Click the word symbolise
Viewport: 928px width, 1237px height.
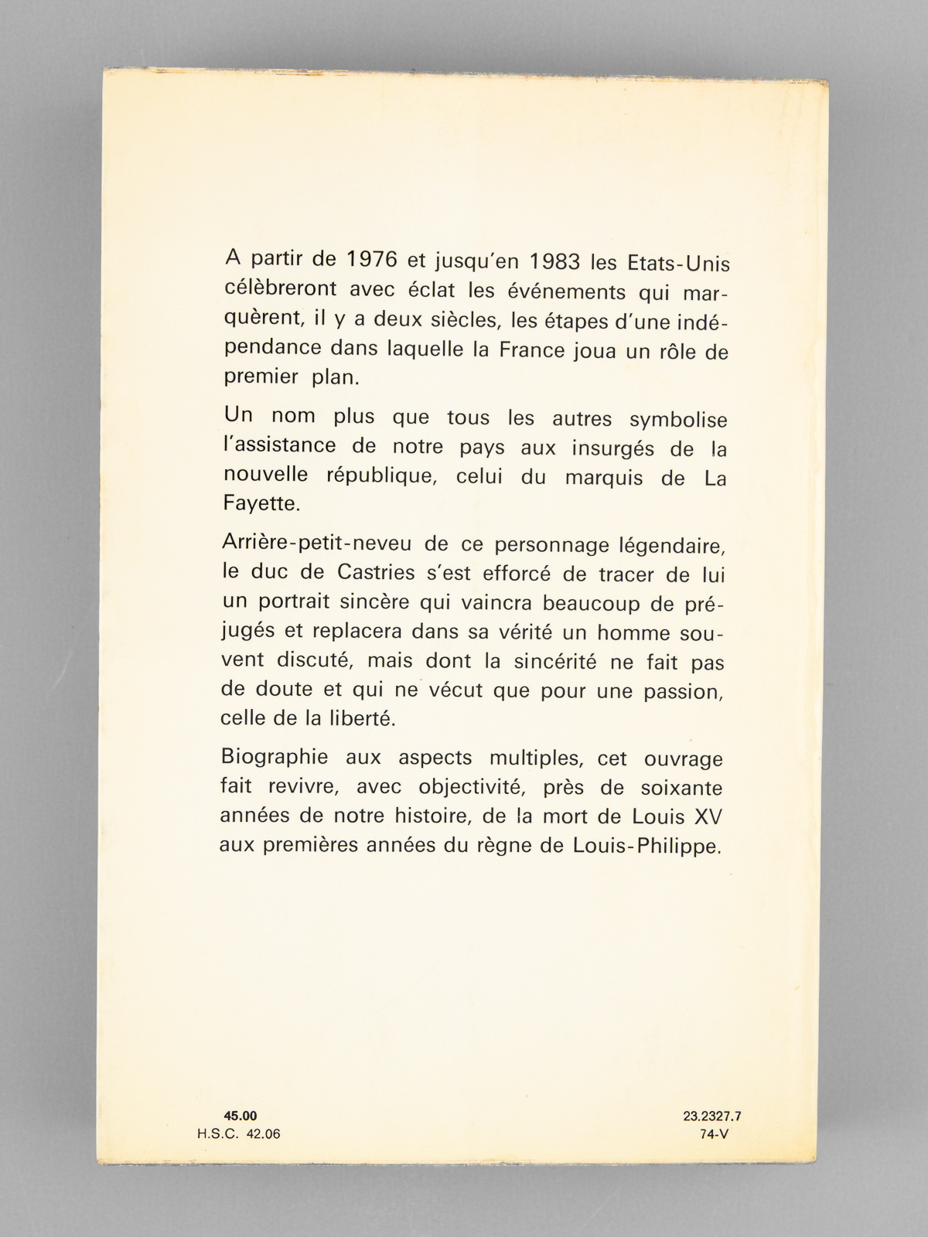pyautogui.click(x=678, y=420)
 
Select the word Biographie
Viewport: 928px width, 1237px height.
pyautogui.click(x=275, y=757)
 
